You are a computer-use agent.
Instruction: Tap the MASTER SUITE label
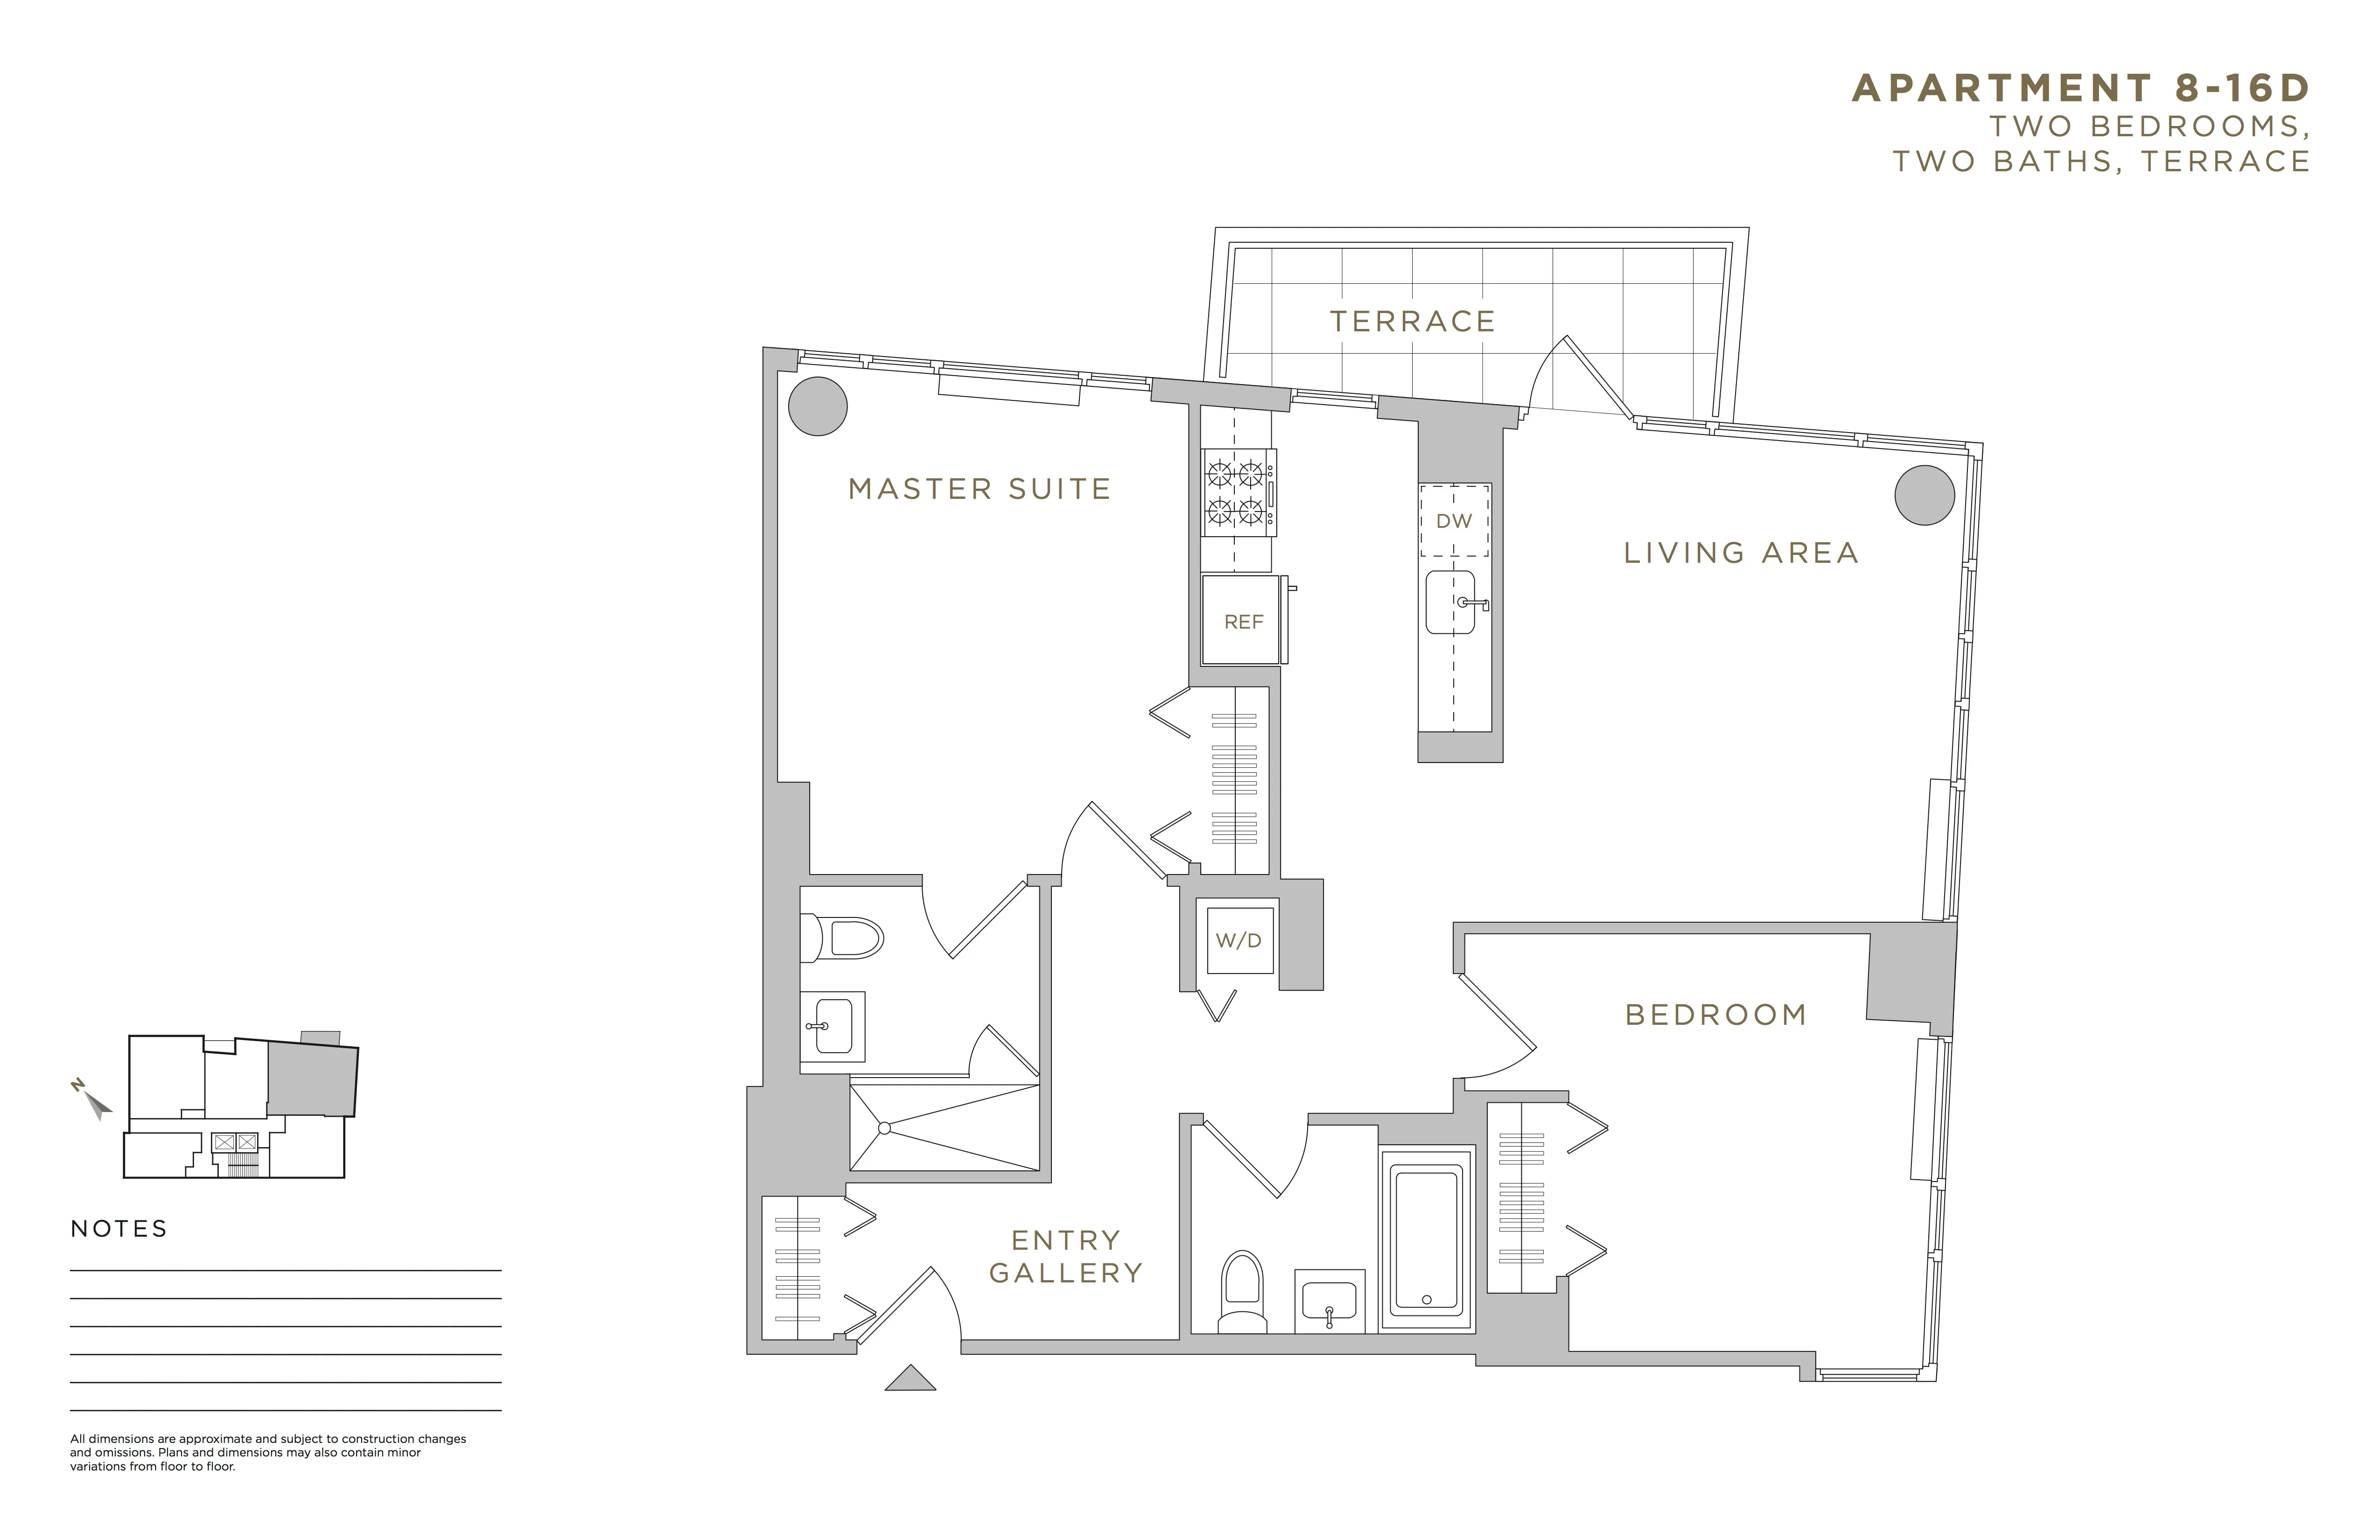click(x=979, y=489)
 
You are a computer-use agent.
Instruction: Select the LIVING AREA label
click(x=1740, y=553)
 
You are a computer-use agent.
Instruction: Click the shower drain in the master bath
click(x=884, y=1128)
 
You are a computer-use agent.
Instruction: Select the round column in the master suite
click(x=818, y=406)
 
